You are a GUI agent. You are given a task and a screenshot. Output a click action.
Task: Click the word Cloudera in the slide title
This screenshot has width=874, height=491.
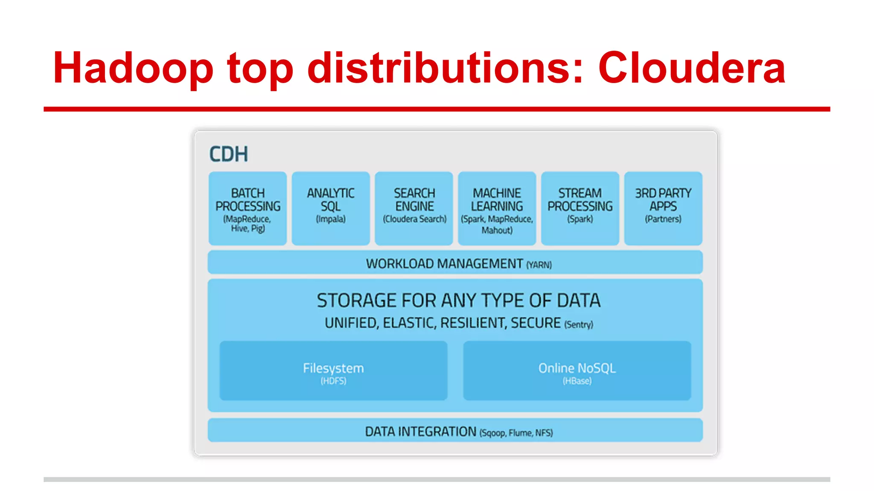coord(691,68)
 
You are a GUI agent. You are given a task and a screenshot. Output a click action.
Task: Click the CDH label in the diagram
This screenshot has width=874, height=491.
coord(228,154)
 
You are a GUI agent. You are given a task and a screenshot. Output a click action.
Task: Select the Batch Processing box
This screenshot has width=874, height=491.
coord(248,208)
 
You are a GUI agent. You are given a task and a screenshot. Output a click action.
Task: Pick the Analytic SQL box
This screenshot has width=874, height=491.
coord(331,208)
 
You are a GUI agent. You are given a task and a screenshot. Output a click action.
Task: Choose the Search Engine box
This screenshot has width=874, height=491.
coord(414,208)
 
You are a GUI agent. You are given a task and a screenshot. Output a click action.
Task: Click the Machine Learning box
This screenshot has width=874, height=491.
coord(497,208)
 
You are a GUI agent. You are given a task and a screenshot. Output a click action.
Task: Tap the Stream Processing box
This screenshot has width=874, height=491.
coord(580,208)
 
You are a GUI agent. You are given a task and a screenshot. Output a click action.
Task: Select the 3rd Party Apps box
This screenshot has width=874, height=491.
coord(663,208)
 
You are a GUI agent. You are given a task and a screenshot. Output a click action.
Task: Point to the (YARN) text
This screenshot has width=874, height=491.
coord(539,265)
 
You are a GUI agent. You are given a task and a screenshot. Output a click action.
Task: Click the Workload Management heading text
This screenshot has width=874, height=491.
coord(444,264)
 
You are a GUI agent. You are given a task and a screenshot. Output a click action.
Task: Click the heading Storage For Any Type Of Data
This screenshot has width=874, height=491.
coord(458,300)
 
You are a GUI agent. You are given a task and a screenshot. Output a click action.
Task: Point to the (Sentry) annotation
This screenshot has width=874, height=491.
coord(579,325)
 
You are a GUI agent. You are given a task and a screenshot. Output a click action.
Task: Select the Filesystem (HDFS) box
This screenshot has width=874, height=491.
coord(333,370)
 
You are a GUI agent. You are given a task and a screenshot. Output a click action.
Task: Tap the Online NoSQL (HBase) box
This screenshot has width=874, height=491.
coord(577,370)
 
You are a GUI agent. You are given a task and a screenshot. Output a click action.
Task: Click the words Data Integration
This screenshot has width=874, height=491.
coord(420,432)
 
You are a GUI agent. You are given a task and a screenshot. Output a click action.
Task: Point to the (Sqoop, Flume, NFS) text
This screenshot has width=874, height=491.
coord(516,433)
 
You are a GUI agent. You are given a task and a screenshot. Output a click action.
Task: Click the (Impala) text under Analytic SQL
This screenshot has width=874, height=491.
coord(331,219)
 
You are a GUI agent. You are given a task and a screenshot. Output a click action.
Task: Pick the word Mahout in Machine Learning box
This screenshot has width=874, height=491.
coord(497,231)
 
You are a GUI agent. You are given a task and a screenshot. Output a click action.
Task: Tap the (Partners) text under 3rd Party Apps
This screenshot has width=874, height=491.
coord(663,219)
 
